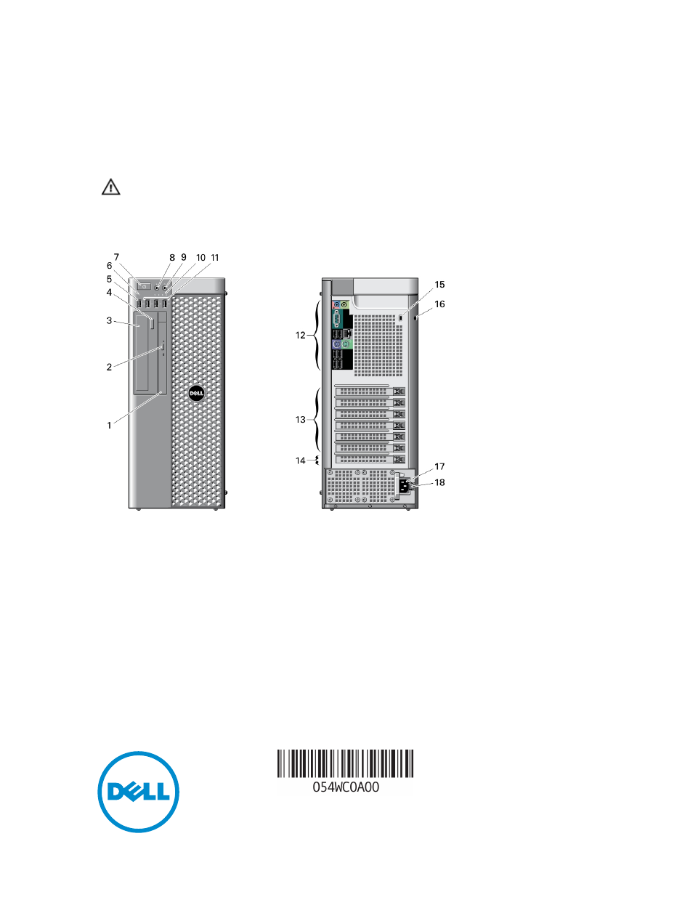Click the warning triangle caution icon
pyautogui.click(x=110, y=187)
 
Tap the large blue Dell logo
pyautogui.click(x=139, y=792)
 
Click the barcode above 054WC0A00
pyautogui.click(x=345, y=763)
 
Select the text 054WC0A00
pyautogui.click(x=346, y=787)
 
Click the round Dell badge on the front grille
pyautogui.click(x=196, y=393)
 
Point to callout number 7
pyautogui.click(x=116, y=257)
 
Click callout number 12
pyautogui.click(x=300, y=336)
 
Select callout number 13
pyautogui.click(x=300, y=420)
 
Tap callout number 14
pyautogui.click(x=300, y=460)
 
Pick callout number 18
pyautogui.click(x=439, y=482)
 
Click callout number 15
pyautogui.click(x=439, y=285)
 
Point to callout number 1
pyautogui.click(x=110, y=426)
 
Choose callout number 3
pyautogui.click(x=109, y=320)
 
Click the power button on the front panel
pyautogui.click(x=144, y=286)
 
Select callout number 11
pyautogui.click(x=215, y=258)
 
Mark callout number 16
pyautogui.click(x=439, y=304)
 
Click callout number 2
pyautogui.click(x=109, y=367)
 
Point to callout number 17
pyautogui.click(x=439, y=466)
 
